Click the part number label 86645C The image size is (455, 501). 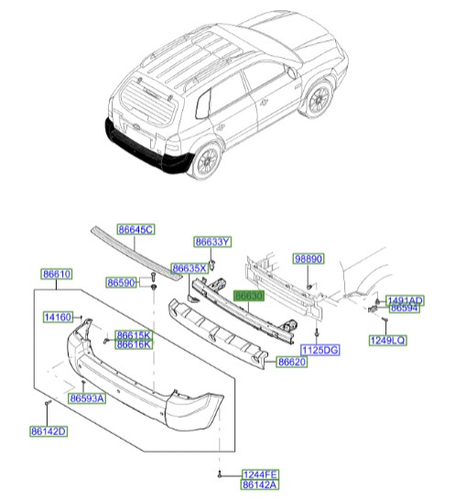coord(135,230)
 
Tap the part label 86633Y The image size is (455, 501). coord(212,242)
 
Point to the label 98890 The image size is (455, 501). coord(309,260)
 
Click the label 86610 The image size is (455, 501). coord(57,274)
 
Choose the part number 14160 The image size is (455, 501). coord(59,318)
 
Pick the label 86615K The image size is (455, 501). coord(134,334)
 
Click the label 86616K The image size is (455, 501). coord(134,344)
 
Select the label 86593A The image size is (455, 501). coord(88,398)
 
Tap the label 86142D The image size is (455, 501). coord(49,430)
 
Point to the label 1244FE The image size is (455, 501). coord(260,474)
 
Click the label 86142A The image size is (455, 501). coord(260,485)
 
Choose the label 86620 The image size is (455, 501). coord(292,363)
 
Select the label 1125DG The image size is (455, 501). coord(320,351)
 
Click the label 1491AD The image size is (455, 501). coord(404,300)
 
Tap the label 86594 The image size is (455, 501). coord(404,310)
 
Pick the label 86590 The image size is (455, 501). coord(122,283)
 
